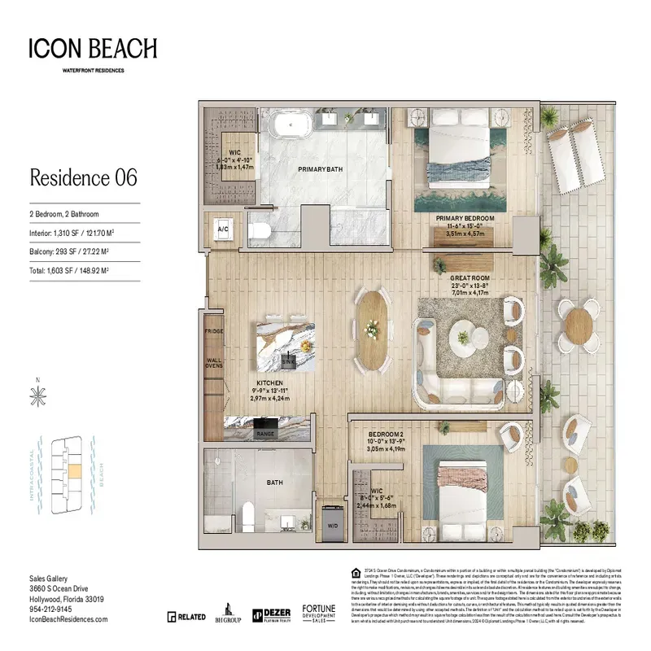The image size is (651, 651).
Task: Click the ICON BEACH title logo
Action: pyautogui.click(x=93, y=49)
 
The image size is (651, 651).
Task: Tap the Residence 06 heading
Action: pyautogui.click(x=83, y=177)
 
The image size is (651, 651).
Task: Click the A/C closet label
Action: pyautogui.click(x=222, y=230)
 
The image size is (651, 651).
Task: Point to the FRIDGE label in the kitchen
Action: pyautogui.click(x=214, y=331)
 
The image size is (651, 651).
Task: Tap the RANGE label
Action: pyautogui.click(x=265, y=435)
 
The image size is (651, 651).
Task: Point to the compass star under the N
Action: pyautogui.click(x=37, y=396)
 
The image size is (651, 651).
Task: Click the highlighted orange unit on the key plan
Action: pyautogui.click(x=73, y=470)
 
